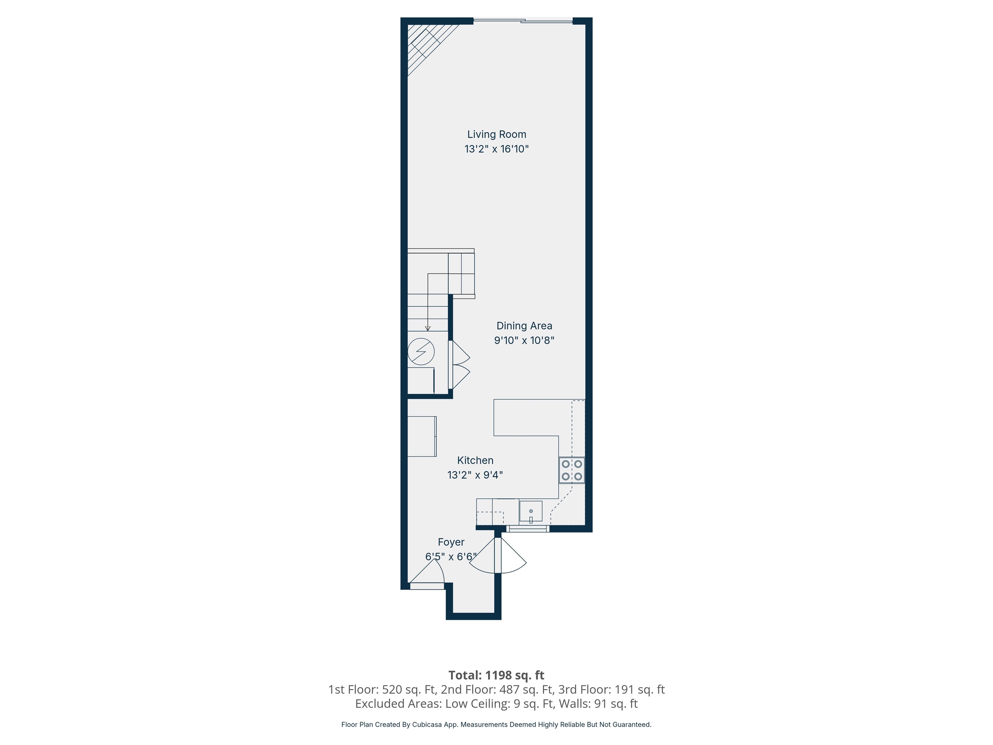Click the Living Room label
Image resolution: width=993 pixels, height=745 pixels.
(x=496, y=134)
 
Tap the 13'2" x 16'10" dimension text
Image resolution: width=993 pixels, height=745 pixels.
(x=496, y=149)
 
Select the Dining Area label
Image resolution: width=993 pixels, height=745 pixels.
(x=524, y=326)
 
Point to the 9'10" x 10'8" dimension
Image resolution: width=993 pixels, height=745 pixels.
(x=524, y=340)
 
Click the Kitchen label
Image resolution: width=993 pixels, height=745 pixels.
(x=475, y=460)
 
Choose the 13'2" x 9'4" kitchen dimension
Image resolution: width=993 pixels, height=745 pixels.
(x=475, y=475)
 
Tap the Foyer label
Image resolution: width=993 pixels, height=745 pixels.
(x=451, y=542)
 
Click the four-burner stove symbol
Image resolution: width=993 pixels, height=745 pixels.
(x=571, y=470)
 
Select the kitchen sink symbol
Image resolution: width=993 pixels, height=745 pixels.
(x=531, y=512)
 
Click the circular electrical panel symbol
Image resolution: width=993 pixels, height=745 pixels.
(x=421, y=351)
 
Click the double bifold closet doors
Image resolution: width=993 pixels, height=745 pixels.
(x=459, y=365)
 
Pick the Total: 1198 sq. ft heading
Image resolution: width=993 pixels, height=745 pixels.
(x=496, y=675)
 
